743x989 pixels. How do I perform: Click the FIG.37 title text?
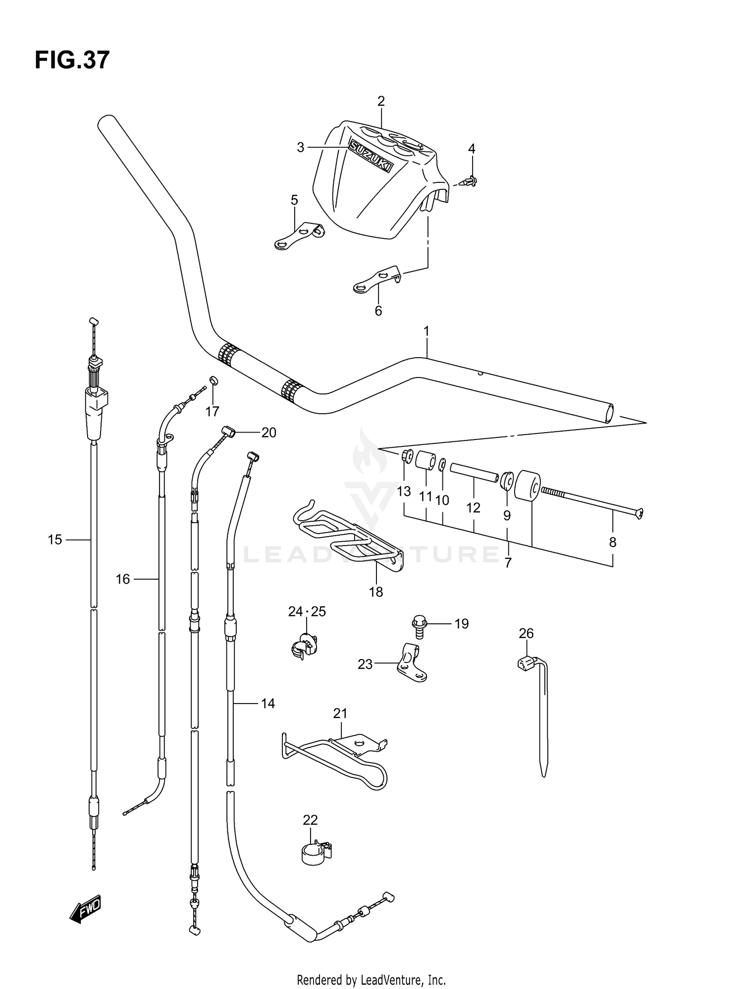coord(72,60)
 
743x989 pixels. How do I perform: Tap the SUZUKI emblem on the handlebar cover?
coord(371,156)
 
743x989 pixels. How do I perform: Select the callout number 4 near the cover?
coord(472,149)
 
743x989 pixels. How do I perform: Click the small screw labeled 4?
coord(471,182)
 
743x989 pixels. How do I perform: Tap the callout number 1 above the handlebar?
coord(426,331)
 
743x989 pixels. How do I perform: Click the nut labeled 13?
coord(407,455)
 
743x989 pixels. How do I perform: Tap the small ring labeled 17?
coord(213,381)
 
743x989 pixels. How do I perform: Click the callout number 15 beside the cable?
coord(55,540)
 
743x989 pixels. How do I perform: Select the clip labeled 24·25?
coord(303,646)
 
